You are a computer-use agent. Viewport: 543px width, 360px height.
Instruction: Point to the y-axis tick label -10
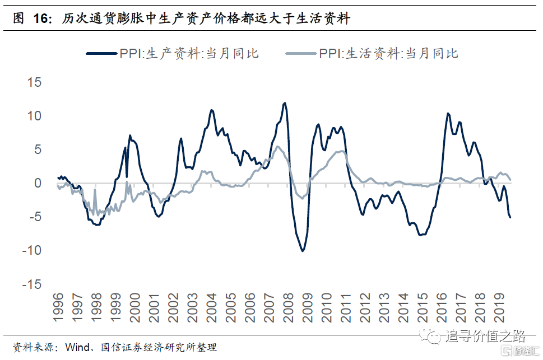click(x=31, y=250)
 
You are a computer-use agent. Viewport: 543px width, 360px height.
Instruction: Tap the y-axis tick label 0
click(x=38, y=183)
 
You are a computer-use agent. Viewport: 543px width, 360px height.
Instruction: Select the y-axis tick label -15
click(x=31, y=284)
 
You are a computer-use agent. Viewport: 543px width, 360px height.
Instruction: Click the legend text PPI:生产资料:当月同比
click(x=189, y=54)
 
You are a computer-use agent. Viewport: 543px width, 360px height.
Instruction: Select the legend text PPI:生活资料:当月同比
click(x=388, y=54)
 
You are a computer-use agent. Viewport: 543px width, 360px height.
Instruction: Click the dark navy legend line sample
click(x=101, y=54)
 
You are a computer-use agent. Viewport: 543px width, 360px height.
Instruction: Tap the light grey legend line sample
click(x=301, y=54)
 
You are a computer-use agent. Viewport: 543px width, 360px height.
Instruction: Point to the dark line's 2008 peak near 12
click(x=285, y=103)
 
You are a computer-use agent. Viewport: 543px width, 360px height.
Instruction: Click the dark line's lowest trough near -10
click(x=303, y=250)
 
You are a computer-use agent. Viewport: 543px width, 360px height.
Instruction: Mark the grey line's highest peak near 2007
click(x=277, y=147)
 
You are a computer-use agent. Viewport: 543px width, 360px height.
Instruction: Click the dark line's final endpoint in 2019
click(x=510, y=217)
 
